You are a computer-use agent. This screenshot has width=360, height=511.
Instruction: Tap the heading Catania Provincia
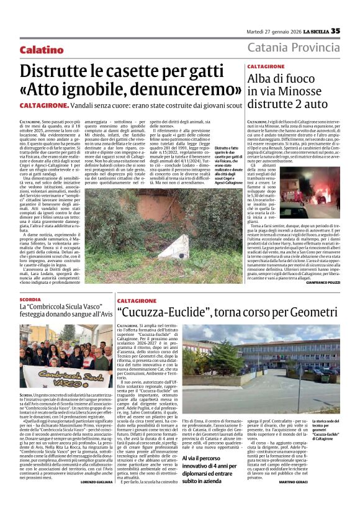tap(294, 48)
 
